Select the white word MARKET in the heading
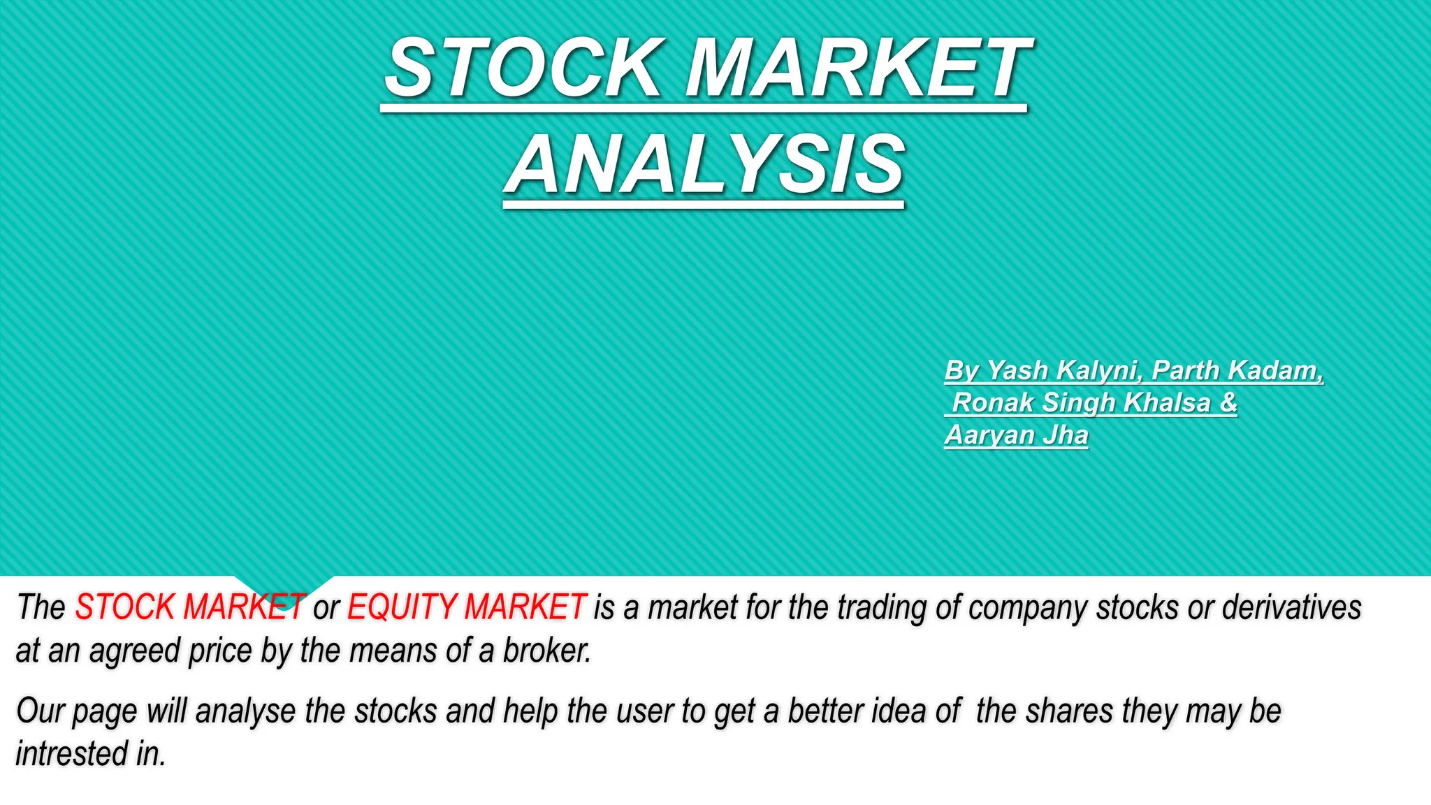click(857, 68)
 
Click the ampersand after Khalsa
click(1228, 403)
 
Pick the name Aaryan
click(989, 435)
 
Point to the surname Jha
click(1066, 435)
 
